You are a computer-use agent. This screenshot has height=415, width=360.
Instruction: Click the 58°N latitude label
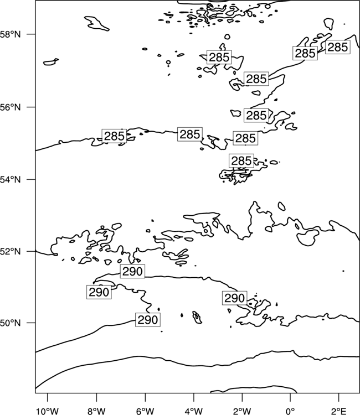(x=10, y=34)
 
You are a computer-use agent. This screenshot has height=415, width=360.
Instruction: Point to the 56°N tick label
(x=10, y=107)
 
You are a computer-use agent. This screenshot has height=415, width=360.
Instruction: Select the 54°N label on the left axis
(x=10, y=180)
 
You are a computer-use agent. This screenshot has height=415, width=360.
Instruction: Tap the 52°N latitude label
(x=10, y=251)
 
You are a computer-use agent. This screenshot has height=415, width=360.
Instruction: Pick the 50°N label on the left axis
(x=10, y=323)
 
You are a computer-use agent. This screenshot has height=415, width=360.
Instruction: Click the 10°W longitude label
(x=47, y=411)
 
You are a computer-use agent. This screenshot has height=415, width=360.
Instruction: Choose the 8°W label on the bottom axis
(x=96, y=411)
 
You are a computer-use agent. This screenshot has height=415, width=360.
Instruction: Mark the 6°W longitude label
(x=145, y=411)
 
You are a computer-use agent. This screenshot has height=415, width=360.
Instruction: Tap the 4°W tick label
(x=193, y=411)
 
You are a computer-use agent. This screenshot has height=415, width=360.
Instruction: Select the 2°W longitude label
(x=242, y=411)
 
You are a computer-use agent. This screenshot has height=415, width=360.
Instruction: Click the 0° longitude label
(x=290, y=411)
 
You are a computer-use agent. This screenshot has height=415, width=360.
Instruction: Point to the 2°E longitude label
(x=339, y=411)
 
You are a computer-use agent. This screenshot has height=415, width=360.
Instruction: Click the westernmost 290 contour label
(x=99, y=292)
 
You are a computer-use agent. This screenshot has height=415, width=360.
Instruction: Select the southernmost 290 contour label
(x=148, y=320)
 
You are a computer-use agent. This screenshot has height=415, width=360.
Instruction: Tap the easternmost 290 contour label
(x=235, y=298)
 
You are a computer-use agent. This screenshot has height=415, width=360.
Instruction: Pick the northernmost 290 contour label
(x=132, y=271)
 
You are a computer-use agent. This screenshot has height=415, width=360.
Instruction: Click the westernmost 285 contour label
(x=114, y=136)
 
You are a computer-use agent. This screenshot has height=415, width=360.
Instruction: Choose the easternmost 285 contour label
(x=338, y=47)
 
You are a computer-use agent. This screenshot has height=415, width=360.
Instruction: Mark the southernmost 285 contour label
(x=241, y=161)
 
